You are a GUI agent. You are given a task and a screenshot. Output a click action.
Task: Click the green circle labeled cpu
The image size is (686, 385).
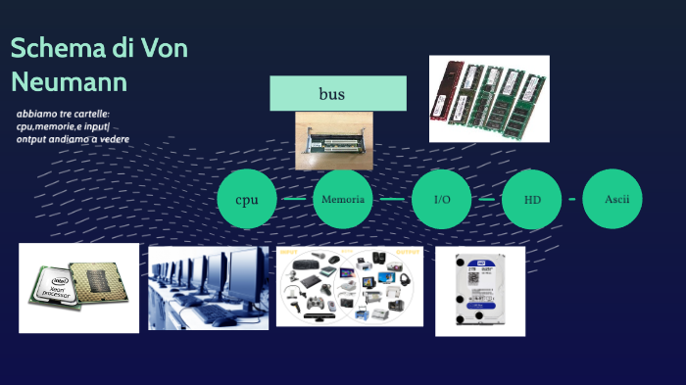(247, 200)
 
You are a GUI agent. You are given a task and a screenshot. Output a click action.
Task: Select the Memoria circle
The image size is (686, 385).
(343, 200)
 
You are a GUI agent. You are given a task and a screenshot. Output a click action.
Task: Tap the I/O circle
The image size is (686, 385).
(442, 200)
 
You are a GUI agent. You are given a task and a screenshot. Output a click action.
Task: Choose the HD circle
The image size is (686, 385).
(532, 200)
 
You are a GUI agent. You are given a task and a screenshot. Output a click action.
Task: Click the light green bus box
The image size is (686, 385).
(338, 94)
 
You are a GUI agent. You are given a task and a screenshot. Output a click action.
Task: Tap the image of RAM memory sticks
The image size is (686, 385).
(489, 98)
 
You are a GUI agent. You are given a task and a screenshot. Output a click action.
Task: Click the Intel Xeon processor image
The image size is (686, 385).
(78, 288)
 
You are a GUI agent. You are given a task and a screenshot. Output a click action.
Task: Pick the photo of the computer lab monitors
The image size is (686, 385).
(209, 287)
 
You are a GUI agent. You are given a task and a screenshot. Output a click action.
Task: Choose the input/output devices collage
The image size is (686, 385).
(351, 286)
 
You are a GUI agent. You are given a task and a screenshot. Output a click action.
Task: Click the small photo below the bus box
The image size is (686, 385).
(334, 141)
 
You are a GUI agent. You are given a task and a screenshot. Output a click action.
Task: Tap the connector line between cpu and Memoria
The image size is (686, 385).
(294, 200)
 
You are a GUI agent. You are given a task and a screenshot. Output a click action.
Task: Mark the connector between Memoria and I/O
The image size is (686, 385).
(392, 200)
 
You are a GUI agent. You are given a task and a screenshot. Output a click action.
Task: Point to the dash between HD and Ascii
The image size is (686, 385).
(573, 200)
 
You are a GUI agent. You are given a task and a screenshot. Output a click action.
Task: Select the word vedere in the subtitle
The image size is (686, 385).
(113, 139)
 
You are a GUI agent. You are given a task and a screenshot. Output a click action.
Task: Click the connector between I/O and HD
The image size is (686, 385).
(487, 200)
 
